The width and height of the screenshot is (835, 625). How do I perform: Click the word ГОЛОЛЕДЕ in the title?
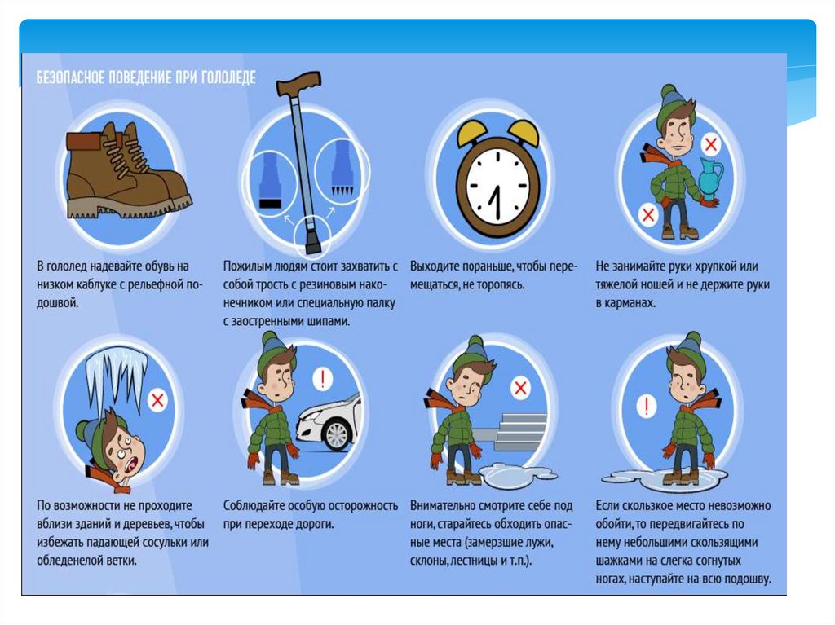228,77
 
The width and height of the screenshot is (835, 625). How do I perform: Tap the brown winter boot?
128,171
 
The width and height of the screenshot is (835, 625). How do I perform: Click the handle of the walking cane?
298,84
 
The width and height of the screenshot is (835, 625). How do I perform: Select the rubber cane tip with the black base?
271,182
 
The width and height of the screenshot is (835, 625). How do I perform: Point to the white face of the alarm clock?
498,186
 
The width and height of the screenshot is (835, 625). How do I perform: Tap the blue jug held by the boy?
709,174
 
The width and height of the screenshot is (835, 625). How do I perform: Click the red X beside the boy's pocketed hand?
648,215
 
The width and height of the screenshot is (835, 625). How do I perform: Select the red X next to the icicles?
157,400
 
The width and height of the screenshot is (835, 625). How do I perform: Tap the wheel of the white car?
336,434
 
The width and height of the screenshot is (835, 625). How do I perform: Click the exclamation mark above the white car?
322,379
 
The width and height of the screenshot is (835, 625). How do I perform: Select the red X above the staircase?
520,387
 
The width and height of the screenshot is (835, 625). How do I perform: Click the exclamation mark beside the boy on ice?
646,407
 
